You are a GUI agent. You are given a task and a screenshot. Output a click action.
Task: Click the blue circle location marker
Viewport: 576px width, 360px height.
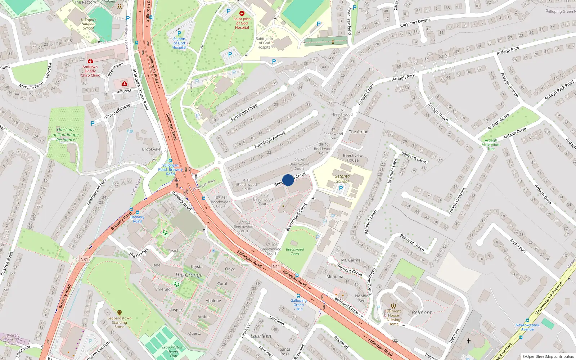coord(288,180)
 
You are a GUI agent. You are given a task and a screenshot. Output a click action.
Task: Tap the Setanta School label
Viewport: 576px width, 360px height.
coord(342,179)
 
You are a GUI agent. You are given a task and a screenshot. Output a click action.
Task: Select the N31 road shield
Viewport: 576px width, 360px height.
coord(84,259)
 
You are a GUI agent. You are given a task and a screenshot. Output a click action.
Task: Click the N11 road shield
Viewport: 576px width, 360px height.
coord(276,266)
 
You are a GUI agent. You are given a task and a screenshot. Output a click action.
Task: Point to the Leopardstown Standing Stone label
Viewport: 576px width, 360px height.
coord(119,322)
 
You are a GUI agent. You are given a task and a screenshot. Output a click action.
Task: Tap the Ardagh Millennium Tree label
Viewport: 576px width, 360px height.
coord(491,144)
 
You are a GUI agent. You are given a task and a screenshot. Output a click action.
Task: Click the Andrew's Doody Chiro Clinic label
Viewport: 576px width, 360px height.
coord(90,71)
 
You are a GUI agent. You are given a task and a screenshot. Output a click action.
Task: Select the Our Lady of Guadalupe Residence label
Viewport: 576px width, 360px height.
coord(66,135)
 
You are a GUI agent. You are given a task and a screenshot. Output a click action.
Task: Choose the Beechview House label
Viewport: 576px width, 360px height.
coord(353,158)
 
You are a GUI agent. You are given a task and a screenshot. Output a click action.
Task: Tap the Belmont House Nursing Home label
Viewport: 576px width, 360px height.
coord(393,318)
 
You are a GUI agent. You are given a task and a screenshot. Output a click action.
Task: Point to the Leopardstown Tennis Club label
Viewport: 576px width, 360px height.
coord(173,351)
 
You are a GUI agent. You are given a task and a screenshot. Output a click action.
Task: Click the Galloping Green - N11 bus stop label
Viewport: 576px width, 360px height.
coord(298,305)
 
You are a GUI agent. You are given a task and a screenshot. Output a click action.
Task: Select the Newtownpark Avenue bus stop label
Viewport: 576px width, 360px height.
coord(527,327)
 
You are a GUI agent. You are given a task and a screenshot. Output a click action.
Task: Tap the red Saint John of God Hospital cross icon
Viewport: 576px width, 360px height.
coord(242,13)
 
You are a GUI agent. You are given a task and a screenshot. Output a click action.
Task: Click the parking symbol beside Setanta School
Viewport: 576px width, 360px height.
coord(341,188)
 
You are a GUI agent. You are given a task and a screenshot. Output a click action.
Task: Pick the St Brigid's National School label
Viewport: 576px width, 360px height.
coord(88,24)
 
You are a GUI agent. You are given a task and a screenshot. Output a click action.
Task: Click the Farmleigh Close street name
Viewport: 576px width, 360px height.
coord(244,112)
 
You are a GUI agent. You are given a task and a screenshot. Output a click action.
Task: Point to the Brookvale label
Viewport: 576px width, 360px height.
coord(151,149)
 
